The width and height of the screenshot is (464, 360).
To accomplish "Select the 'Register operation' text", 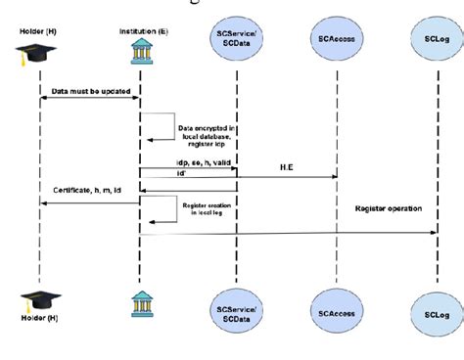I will coord(388,209).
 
